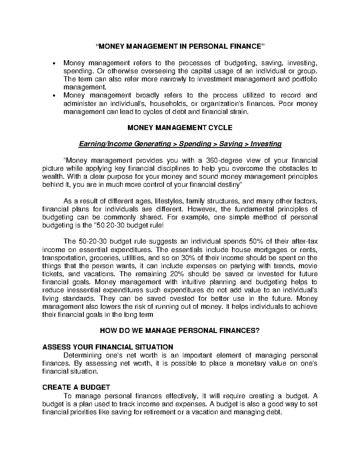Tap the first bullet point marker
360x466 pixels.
point(54,64)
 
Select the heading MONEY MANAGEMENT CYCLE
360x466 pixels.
point(180,128)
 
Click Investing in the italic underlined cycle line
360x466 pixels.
point(266,144)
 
